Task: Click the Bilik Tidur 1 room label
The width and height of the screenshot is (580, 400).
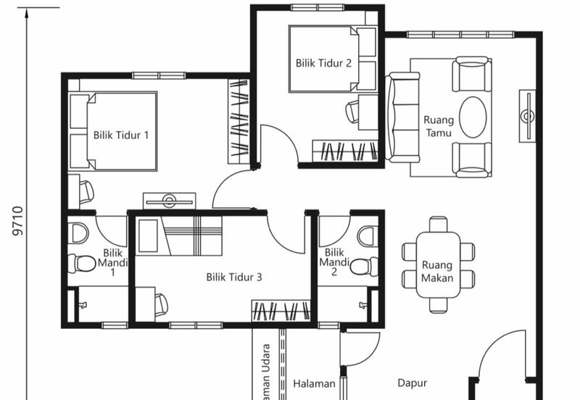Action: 121,135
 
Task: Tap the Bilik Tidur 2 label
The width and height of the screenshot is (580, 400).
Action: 323,63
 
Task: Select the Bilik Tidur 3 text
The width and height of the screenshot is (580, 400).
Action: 233,277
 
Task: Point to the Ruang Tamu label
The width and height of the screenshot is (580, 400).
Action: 438,128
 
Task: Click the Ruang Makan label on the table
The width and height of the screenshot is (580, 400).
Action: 437,272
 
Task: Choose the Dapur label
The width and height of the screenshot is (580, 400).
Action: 412,383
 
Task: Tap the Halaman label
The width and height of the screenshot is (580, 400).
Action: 314,384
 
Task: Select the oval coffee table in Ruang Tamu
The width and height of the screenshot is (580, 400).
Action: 473,117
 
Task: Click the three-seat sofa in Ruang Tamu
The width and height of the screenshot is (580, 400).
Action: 402,117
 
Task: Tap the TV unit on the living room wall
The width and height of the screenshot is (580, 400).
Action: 527,116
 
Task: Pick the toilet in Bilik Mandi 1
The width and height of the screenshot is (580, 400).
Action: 82,263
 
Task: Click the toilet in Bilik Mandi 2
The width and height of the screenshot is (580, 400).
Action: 363,267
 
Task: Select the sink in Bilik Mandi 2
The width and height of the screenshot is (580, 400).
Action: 368,236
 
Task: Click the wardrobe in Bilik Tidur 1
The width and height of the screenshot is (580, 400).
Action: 239,121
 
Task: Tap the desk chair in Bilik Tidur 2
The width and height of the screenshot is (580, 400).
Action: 353,112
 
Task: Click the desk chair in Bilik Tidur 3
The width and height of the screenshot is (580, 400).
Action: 160,304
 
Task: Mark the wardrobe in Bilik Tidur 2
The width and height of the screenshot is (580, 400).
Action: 344,151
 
